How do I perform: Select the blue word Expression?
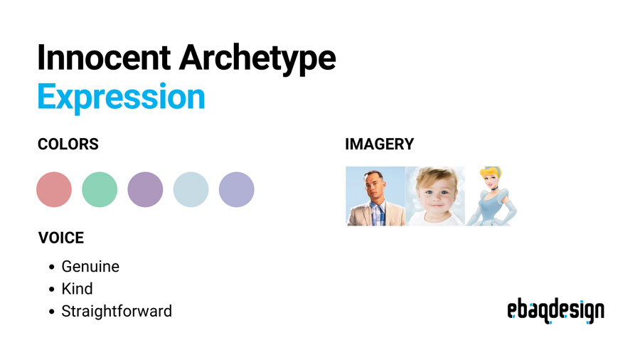coord(121,97)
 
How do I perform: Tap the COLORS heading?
coord(68,144)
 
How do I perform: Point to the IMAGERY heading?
coord(379,144)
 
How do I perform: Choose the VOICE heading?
coord(61,238)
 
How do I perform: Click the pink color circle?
coord(54,190)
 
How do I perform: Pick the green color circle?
coord(100,190)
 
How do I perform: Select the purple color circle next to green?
coord(145,190)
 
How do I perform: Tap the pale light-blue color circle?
coord(191,190)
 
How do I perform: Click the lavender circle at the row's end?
coord(236,190)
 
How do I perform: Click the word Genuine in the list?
coord(90,267)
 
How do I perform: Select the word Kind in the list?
coord(77,289)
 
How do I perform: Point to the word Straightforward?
coord(117,311)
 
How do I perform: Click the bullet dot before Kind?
coord(52,290)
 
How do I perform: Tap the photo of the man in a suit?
coord(375,196)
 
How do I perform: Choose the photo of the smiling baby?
coord(434,196)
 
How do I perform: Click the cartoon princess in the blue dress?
coord(491,196)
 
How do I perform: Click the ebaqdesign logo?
coord(555,310)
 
